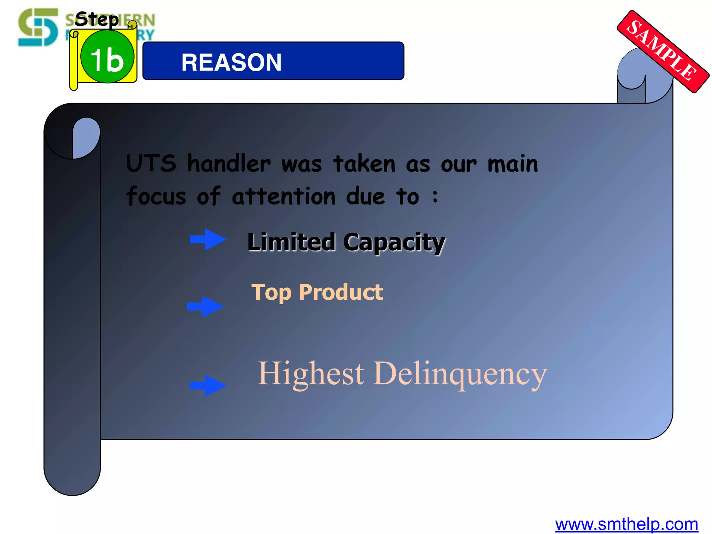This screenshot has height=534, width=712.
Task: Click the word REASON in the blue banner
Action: click(231, 63)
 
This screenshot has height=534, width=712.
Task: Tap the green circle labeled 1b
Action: click(107, 57)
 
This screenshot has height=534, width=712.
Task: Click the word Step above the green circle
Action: click(97, 19)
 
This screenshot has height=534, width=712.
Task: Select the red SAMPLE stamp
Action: click(663, 51)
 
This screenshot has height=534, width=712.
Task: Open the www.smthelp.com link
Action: click(626, 524)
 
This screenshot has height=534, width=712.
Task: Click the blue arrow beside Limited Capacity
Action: click(208, 239)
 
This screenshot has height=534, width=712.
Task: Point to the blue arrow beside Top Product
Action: click(205, 306)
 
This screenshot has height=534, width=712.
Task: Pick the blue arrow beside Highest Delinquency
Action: click(208, 385)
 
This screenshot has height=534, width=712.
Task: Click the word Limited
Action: click(291, 242)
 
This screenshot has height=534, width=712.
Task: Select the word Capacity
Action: click(394, 243)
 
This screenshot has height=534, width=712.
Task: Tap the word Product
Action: click(341, 292)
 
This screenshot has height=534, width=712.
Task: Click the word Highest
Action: click(310, 374)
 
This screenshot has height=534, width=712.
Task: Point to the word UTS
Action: click(151, 163)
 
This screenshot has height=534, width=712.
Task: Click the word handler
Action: click(229, 163)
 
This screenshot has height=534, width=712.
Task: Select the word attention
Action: click(284, 196)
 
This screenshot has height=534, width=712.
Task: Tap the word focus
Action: click(156, 196)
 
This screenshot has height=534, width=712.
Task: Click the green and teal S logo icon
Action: click(38, 27)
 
